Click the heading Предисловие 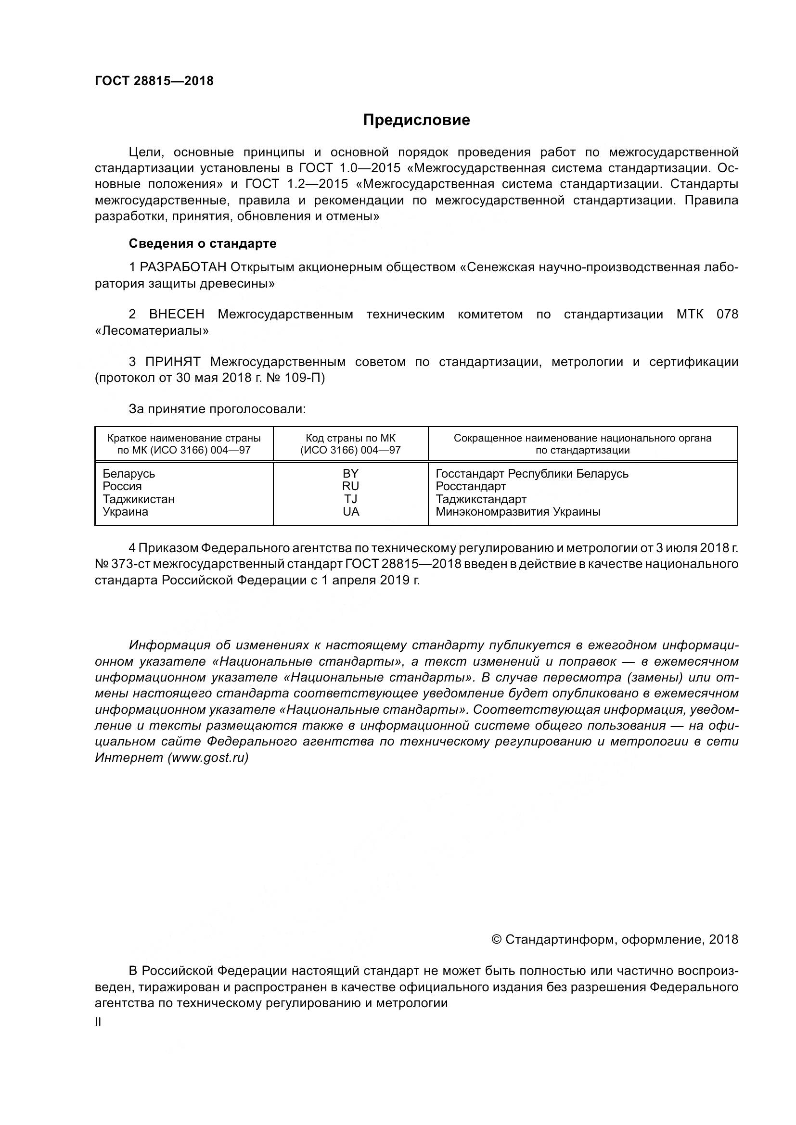point(416,120)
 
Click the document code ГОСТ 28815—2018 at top point(154,81)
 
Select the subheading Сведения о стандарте point(203,243)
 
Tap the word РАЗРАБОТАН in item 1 point(183,267)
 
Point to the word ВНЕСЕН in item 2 point(177,315)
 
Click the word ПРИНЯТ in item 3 point(173,362)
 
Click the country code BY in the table point(350,474)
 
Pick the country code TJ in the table point(350,499)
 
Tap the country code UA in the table point(351,512)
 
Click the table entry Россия point(122,487)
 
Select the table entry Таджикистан point(138,499)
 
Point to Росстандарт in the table point(471,487)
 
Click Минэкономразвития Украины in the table point(518,512)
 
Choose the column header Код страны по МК point(350,438)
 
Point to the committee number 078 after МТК point(727,315)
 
